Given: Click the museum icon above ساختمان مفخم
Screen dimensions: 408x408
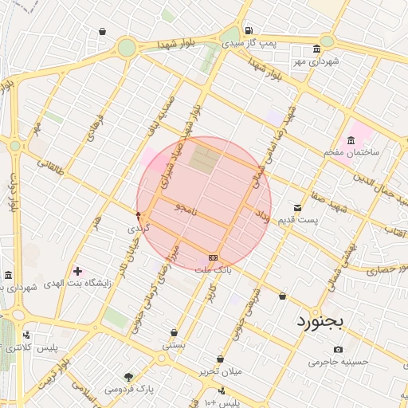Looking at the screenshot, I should pos(351,140).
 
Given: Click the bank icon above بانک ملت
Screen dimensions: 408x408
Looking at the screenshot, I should pos(213,257).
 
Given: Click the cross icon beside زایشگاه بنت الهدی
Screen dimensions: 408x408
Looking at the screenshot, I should pos(76,272).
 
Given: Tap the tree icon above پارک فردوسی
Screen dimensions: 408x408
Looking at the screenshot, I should pos(129,377).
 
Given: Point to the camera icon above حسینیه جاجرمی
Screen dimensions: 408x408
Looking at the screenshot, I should pos(338,349).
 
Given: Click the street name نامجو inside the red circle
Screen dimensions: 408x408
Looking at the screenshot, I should pos(188,209).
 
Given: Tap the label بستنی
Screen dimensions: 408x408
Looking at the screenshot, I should pos(174,345).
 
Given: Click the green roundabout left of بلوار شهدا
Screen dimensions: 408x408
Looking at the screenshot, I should pos(127,48).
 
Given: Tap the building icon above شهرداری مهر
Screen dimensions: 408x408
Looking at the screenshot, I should pos(317,48).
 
